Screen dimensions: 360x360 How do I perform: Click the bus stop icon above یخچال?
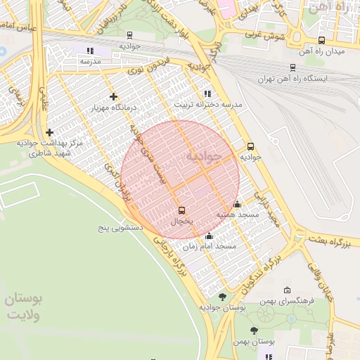tap(182, 210)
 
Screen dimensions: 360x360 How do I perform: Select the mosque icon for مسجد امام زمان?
tap(209, 236)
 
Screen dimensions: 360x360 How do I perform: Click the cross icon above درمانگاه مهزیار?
tap(113, 96)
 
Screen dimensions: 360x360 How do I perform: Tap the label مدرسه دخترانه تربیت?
tap(208, 104)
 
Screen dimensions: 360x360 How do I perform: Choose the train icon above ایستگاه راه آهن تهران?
tap(292, 67)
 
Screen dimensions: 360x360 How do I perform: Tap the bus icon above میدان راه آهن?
tap(321, 41)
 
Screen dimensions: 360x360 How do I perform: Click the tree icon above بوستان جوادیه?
tap(222, 297)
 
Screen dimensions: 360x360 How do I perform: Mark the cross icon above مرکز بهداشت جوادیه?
tap(49, 132)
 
